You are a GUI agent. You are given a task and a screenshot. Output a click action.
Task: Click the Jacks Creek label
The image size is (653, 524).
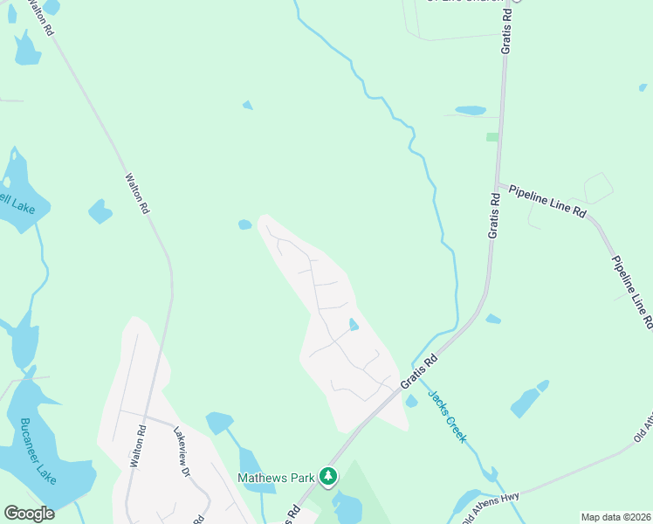click(x=447, y=416)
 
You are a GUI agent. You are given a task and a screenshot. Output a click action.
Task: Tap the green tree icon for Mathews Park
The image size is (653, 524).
click(x=328, y=476)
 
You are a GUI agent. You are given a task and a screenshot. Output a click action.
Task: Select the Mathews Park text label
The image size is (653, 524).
click(x=276, y=478)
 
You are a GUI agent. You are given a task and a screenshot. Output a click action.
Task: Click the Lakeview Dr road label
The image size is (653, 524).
click(x=182, y=451)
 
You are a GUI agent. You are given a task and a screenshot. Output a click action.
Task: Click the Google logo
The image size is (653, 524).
click(x=29, y=514)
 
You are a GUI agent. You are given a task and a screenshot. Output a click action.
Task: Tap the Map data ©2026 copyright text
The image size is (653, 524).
click(x=615, y=517)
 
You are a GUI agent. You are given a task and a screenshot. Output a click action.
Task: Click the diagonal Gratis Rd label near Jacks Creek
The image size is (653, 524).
click(x=418, y=372)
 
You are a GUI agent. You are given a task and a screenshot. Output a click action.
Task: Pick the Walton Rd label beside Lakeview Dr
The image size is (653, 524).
click(x=135, y=445)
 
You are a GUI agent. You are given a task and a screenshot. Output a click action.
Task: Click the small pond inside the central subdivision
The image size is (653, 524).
click(x=353, y=325)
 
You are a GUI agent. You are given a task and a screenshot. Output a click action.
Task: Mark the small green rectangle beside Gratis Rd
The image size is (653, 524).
click(x=492, y=137)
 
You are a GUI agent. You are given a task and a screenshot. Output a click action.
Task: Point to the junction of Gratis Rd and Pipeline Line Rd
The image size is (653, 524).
click(x=497, y=184)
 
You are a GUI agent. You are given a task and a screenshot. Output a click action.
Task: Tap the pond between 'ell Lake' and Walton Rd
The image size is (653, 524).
click(x=100, y=211)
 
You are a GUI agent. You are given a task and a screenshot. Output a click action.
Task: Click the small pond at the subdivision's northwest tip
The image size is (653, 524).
click(x=245, y=224)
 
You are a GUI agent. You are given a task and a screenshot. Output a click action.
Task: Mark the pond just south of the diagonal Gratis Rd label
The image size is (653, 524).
click(x=411, y=401)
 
